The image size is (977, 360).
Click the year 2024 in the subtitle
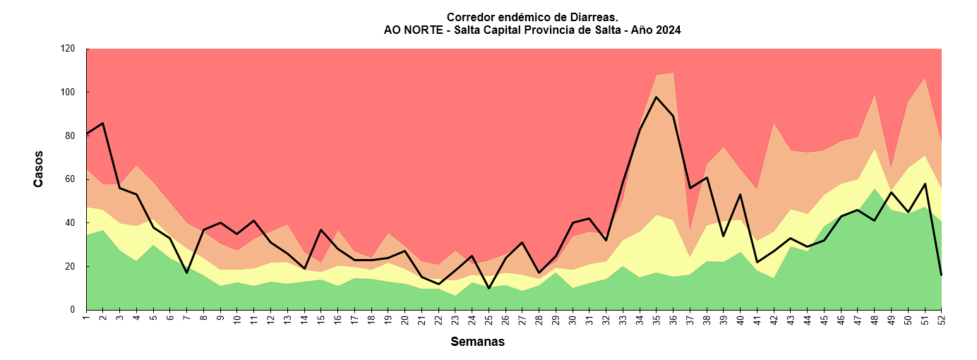point(667,30)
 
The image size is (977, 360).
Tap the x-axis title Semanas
point(477,342)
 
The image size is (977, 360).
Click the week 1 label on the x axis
point(87,319)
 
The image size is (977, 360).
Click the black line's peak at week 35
point(657,97)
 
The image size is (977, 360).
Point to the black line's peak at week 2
point(103,124)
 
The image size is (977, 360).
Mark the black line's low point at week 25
point(488,288)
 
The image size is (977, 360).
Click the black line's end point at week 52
point(941,275)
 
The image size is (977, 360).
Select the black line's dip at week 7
point(187,272)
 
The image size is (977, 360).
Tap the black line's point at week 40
point(740,194)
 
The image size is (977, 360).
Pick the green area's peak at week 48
point(874,188)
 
